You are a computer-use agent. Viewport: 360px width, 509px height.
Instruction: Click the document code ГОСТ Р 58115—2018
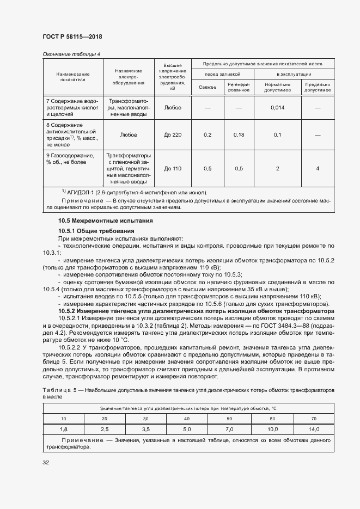[x=72, y=36]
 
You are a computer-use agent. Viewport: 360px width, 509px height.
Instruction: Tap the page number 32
[x=46, y=463]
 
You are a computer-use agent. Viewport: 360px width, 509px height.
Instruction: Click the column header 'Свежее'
[x=208, y=87]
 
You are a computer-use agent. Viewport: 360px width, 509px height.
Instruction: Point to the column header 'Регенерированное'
[x=238, y=87]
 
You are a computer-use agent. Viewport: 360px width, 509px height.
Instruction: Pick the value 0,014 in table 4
[x=277, y=108]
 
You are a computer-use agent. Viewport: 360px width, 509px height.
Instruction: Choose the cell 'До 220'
[x=173, y=134]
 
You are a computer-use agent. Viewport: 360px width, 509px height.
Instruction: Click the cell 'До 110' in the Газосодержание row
[x=173, y=169]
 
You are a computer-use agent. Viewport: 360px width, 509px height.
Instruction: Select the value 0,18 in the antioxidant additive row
[x=238, y=134]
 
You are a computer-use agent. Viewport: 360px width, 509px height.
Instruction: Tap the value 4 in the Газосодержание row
[x=317, y=169]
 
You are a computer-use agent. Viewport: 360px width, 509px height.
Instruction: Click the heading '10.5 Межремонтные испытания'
[x=98, y=220]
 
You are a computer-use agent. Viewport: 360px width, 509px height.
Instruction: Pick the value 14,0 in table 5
[x=313, y=429]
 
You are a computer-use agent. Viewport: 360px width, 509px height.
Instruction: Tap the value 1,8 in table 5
[x=63, y=429]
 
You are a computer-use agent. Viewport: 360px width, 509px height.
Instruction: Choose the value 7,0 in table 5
[x=229, y=429]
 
